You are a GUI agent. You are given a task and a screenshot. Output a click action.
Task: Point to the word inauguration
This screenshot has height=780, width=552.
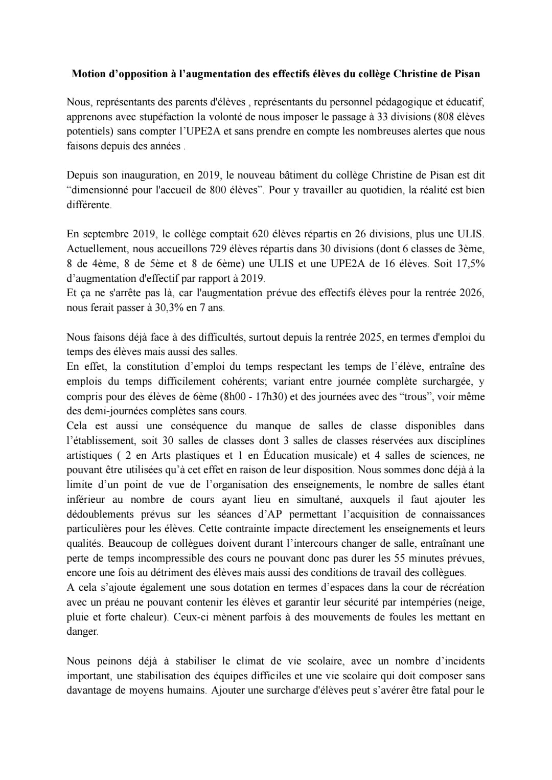coord(145,175)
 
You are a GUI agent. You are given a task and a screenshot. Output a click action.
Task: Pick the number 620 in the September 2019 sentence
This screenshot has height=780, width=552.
coord(263,234)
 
